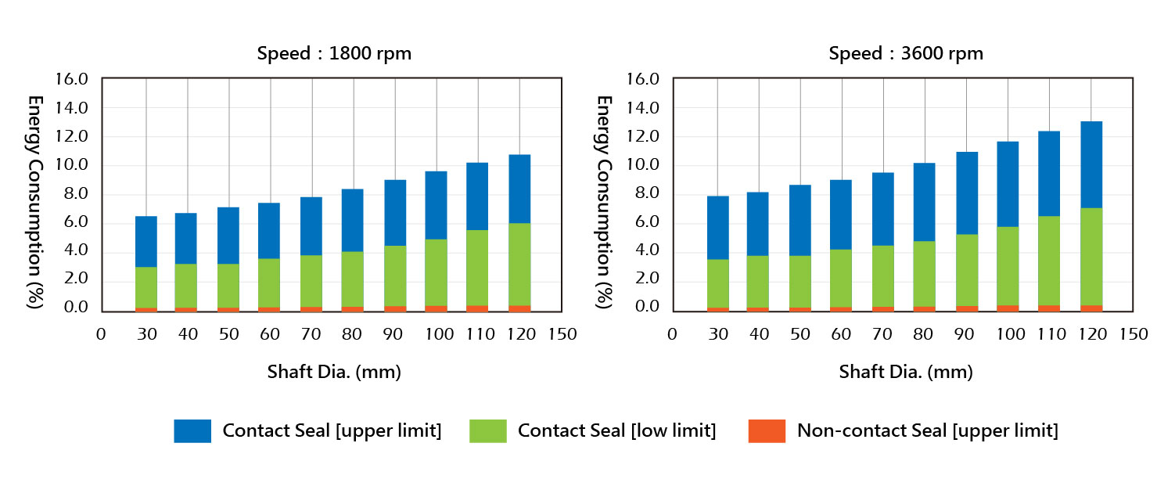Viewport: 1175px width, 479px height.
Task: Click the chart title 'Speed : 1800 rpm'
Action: pyautogui.click(x=334, y=54)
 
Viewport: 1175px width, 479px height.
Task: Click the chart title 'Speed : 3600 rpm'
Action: pyautogui.click(x=905, y=54)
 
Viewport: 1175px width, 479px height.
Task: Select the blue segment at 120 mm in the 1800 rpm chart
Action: pyautogui.click(x=519, y=189)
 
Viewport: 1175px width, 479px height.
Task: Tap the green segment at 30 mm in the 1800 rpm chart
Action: pyautogui.click(x=146, y=287)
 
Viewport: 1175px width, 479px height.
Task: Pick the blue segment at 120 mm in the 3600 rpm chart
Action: pyautogui.click(x=1091, y=164)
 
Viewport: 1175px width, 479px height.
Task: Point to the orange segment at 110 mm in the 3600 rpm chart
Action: pyautogui.click(x=1049, y=308)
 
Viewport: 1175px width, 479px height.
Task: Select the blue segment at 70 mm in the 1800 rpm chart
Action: pyautogui.click(x=312, y=225)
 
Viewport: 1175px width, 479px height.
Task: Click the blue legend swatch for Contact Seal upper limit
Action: pyautogui.click(x=192, y=431)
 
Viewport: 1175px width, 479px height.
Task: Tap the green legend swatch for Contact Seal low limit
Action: pyautogui.click(x=488, y=431)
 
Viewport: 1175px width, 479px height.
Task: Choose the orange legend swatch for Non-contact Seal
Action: pyautogui.click(x=767, y=431)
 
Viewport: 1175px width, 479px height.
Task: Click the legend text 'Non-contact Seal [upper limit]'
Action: pyautogui.click(x=927, y=430)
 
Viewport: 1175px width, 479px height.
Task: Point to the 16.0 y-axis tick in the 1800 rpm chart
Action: pyautogui.click(x=72, y=79)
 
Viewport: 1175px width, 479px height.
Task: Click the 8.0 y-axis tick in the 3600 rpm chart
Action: pyautogui.click(x=643, y=193)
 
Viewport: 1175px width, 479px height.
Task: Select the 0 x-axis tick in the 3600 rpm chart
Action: pyautogui.click(x=672, y=334)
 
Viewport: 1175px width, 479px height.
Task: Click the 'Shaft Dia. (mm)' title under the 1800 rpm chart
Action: pyautogui.click(x=334, y=373)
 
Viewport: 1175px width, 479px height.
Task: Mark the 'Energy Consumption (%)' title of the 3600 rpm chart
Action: pyautogui.click(x=604, y=201)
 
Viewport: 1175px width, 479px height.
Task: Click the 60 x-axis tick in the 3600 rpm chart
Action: pyautogui.click(x=842, y=334)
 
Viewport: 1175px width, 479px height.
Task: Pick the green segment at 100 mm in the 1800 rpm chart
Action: pyautogui.click(x=437, y=272)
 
